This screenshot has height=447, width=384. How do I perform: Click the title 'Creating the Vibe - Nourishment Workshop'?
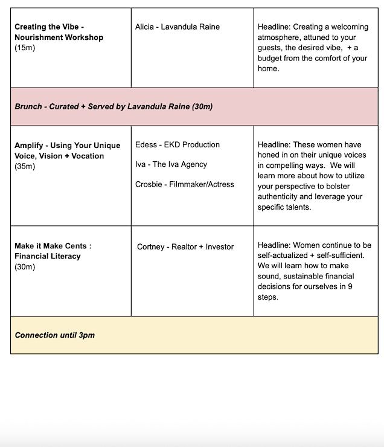point(59,32)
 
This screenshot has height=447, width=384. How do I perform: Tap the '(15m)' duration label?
point(25,48)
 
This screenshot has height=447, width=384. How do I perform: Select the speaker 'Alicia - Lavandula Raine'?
point(178,27)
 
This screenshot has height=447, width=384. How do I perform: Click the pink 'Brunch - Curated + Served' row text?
point(114,106)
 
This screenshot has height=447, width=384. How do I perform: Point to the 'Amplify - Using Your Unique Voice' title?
point(67,150)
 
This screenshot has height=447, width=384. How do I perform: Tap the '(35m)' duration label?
point(25,166)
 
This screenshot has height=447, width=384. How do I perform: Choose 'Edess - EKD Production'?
point(178,144)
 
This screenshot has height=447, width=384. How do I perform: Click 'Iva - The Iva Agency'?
point(171,164)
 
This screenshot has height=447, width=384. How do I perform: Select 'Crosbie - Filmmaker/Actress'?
point(185,184)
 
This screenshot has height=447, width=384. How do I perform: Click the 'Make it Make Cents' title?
point(53,246)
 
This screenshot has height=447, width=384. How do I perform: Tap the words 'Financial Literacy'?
point(48,256)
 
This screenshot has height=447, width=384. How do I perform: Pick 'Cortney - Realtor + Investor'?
point(185,246)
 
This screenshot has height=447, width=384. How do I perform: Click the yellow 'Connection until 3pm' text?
point(55,335)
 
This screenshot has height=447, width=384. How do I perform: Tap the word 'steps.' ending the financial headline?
point(268,297)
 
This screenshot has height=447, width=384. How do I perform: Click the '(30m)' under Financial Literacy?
point(25,266)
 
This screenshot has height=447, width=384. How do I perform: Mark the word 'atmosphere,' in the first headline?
point(280,37)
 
